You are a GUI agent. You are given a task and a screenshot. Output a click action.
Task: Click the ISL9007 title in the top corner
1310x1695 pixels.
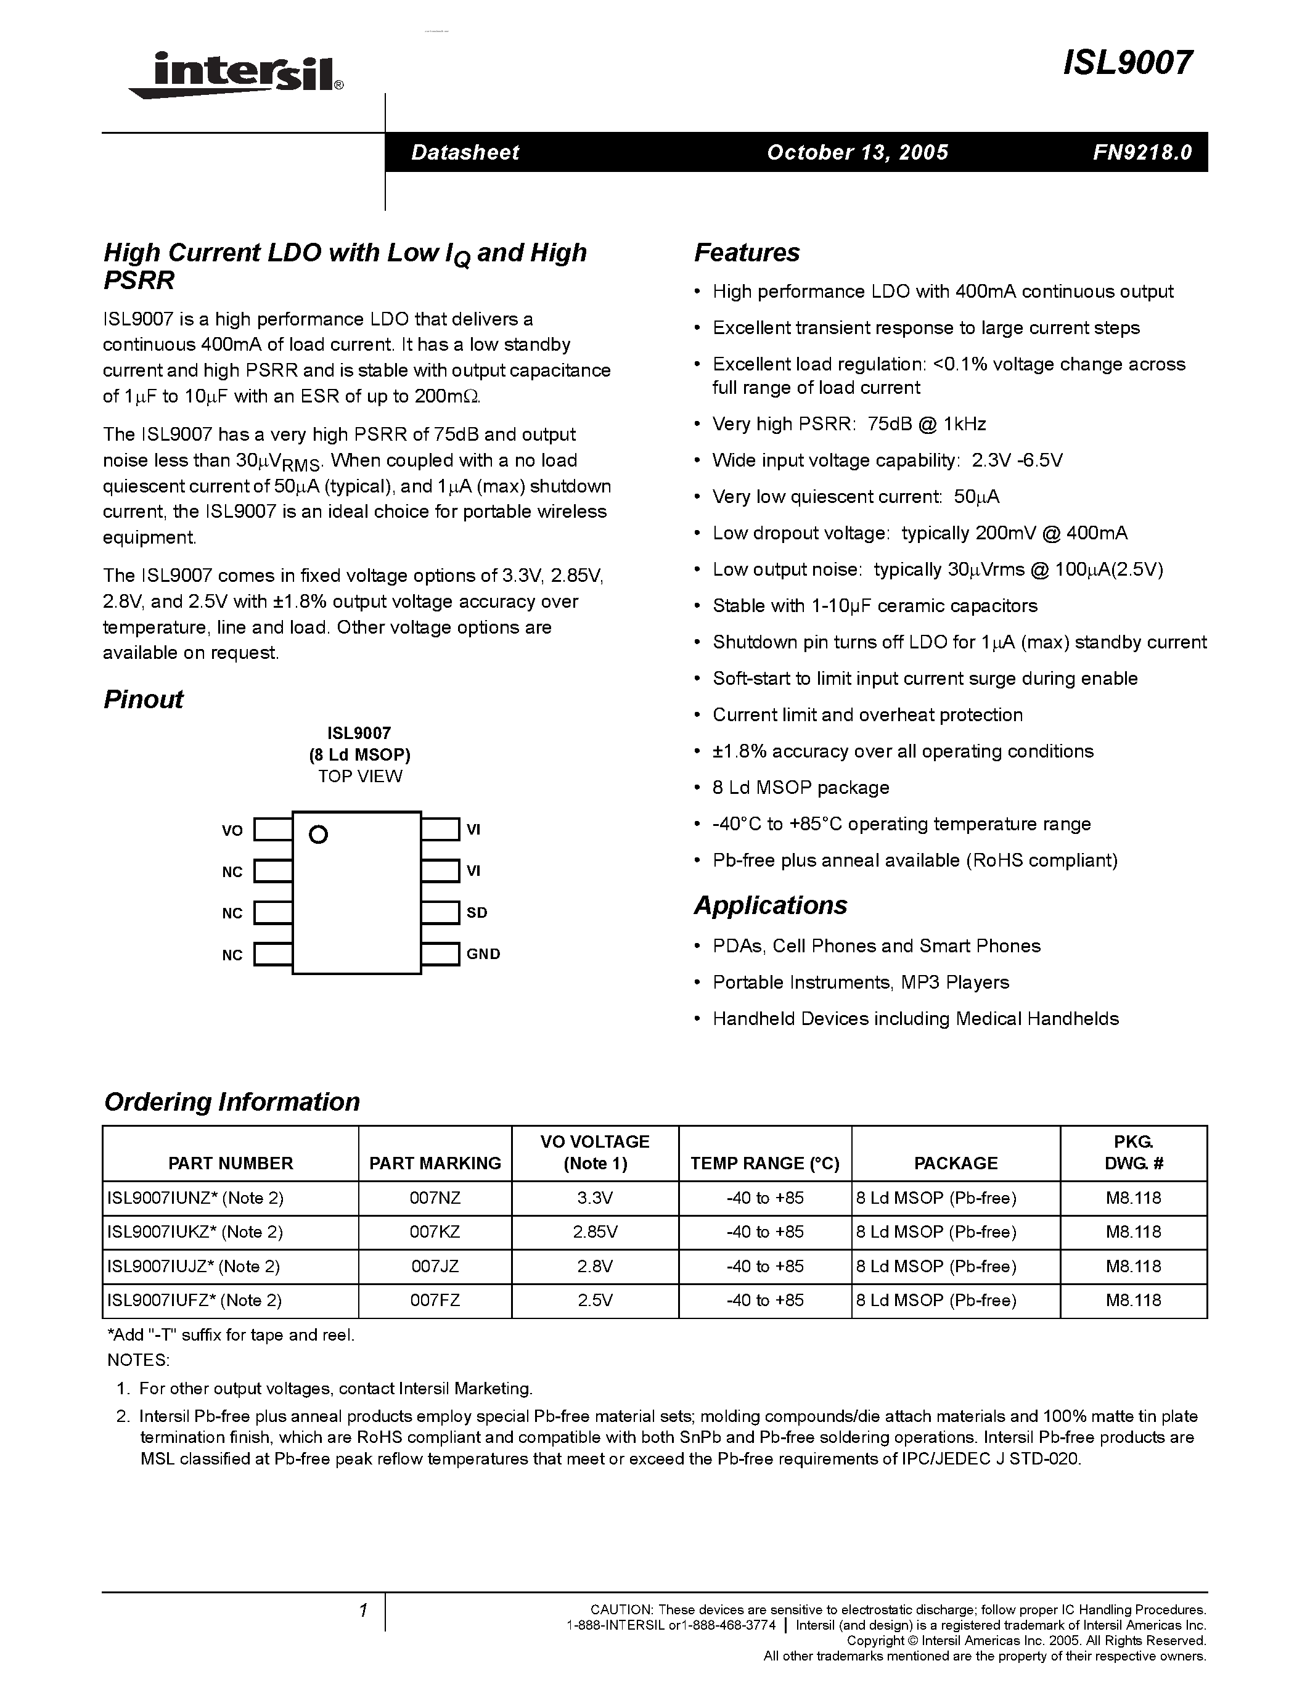pos(1127,63)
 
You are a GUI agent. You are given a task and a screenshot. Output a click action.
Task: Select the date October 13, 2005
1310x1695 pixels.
pos(858,152)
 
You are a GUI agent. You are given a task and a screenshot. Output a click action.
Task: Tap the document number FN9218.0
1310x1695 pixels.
pos(1142,152)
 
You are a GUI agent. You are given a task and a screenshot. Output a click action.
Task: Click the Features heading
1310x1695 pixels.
pos(747,252)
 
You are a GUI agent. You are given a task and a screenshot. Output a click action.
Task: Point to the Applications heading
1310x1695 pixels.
pos(770,905)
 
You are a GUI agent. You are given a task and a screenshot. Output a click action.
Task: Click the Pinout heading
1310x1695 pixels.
pos(144,700)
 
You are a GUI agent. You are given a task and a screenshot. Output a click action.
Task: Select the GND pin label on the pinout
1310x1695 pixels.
pos(483,954)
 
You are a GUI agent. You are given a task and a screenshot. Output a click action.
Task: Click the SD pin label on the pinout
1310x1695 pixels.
pos(477,913)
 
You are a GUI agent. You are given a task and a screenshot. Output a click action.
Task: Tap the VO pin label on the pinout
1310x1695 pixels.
pos(232,830)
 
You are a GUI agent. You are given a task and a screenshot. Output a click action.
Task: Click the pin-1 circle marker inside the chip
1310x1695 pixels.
pos(318,835)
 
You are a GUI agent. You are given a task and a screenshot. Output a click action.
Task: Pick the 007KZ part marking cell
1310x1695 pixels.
pos(435,1231)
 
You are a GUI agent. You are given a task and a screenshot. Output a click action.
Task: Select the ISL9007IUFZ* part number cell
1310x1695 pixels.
pos(194,1300)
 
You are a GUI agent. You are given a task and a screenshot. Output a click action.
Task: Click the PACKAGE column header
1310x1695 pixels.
pos(956,1162)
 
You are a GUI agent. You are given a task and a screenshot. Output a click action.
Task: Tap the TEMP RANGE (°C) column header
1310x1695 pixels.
pos(764,1162)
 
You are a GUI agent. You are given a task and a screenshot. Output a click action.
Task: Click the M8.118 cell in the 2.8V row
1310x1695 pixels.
pos(1133,1266)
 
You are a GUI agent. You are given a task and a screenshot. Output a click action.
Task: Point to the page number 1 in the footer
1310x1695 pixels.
pos(362,1611)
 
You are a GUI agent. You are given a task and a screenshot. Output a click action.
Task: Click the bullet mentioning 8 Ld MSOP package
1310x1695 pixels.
pos(800,787)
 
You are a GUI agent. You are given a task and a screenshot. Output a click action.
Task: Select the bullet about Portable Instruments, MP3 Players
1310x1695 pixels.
pos(860,982)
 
